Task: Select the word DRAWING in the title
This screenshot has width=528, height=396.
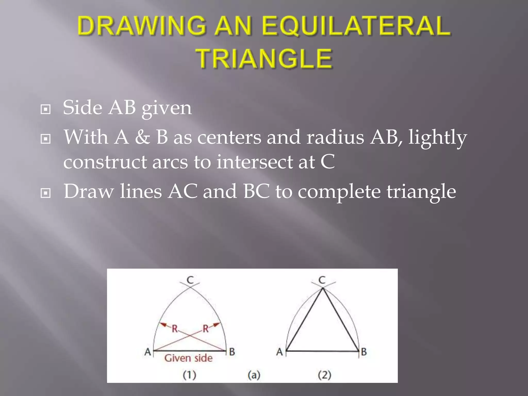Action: click(142, 26)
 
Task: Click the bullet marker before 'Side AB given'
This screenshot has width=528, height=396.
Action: click(46, 109)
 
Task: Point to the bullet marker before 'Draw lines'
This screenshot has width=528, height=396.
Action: click(46, 193)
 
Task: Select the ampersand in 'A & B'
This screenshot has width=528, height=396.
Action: click(142, 137)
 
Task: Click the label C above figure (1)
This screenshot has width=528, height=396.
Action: click(190, 280)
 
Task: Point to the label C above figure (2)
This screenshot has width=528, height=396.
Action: click(322, 280)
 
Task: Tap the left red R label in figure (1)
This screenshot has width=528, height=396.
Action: click(175, 329)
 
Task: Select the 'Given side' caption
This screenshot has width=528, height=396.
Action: click(188, 358)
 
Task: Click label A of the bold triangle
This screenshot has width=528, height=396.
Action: click(279, 352)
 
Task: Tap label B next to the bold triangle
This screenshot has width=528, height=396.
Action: click(364, 352)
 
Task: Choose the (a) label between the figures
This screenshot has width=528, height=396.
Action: click(254, 375)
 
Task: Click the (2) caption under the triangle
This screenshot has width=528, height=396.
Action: click(324, 375)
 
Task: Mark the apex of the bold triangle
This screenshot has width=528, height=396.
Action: click(323, 289)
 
